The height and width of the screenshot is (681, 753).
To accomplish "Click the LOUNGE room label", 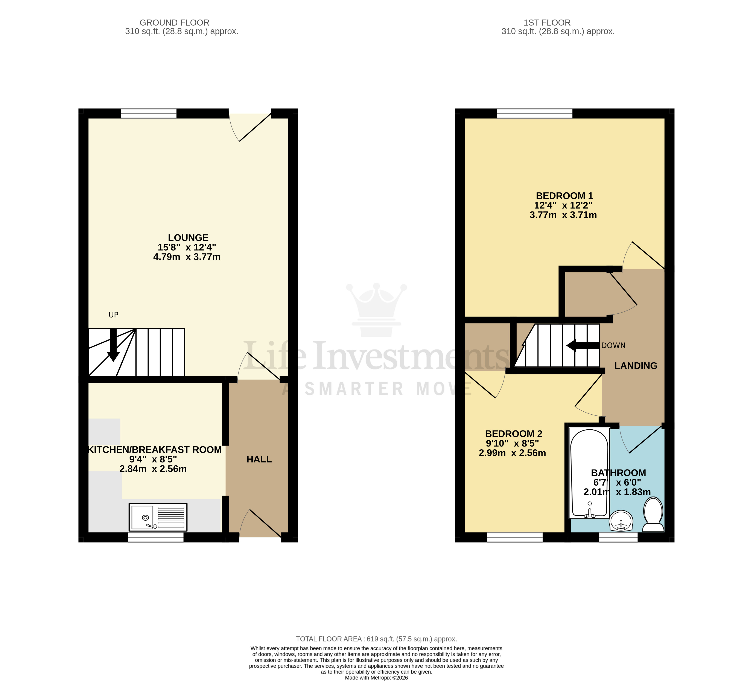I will tap(188, 238).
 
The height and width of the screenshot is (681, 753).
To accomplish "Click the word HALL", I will tap(259, 459).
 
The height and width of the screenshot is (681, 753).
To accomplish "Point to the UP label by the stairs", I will tap(113, 315).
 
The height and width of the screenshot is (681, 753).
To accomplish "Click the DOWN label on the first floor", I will tap(613, 345).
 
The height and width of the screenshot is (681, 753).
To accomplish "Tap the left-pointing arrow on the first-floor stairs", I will tap(582, 345).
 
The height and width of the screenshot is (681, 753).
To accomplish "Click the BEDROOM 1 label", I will tap(564, 196).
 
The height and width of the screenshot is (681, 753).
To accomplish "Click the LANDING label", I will tap(635, 366).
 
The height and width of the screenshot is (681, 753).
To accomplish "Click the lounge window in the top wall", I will tap(148, 113).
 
